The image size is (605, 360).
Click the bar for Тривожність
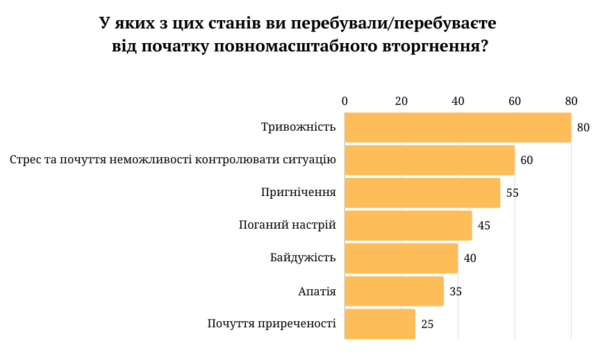(x=458, y=128)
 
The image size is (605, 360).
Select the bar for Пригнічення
(x=422, y=193)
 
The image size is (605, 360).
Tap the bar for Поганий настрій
(x=408, y=226)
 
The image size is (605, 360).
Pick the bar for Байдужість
(x=401, y=259)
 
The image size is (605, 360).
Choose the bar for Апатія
(x=394, y=291)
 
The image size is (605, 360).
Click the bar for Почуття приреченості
(x=380, y=324)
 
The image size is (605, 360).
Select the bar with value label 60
(x=429, y=161)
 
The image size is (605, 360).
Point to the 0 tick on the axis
(x=345, y=101)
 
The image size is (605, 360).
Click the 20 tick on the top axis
(x=401, y=101)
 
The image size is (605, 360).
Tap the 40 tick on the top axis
(x=458, y=101)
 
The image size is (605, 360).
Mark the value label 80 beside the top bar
(x=583, y=128)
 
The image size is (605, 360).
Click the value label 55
(x=513, y=193)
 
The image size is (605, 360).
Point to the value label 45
(x=484, y=226)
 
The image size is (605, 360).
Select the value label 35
(x=456, y=291)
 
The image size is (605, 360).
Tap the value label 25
(x=427, y=324)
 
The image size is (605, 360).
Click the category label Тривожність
(x=299, y=127)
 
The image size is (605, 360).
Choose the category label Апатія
(x=317, y=291)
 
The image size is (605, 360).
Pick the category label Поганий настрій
(x=287, y=225)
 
